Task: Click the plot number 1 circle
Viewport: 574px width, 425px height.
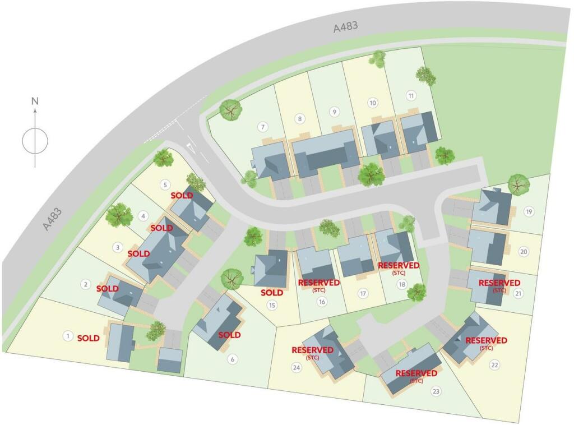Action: tap(68, 336)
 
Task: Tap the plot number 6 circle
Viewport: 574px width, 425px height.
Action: tap(233, 359)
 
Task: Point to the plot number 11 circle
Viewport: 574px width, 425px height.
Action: tap(411, 95)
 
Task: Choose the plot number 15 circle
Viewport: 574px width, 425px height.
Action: tap(272, 306)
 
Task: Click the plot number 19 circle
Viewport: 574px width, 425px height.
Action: tap(528, 211)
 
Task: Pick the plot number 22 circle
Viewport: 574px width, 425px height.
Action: tap(494, 366)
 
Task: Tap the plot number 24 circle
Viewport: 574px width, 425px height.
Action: tap(297, 368)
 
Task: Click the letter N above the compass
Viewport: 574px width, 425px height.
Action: tap(35, 101)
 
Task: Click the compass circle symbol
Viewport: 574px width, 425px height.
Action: tap(35, 140)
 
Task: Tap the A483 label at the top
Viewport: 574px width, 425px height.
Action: tap(345, 26)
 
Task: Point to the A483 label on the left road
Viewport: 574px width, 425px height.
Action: tap(53, 219)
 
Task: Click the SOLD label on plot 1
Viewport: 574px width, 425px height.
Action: tap(89, 338)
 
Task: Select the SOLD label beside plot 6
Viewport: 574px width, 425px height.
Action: tap(229, 335)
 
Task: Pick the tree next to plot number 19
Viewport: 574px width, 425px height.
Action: tap(519, 184)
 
